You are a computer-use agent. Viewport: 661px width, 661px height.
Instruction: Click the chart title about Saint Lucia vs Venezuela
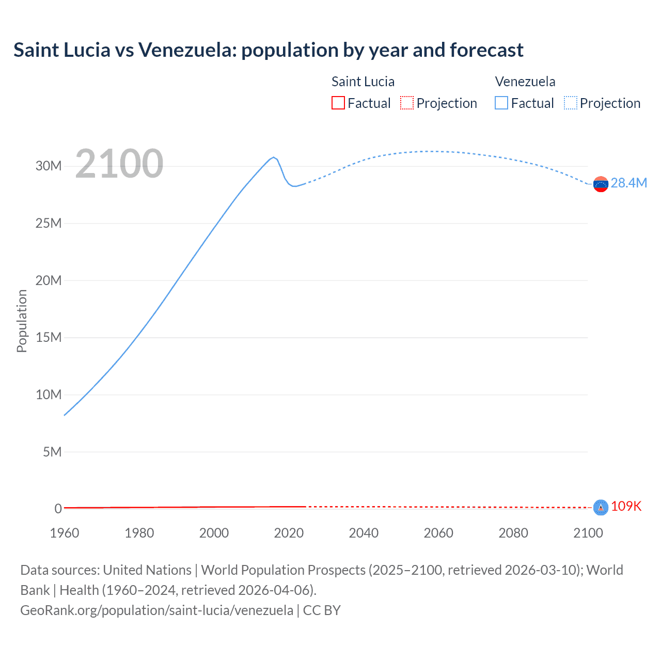(268, 50)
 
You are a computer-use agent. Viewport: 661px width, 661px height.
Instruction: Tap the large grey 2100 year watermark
(119, 164)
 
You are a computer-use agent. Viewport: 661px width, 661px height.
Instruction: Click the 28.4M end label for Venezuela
(628, 183)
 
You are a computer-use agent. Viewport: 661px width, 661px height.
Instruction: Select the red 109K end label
(626, 507)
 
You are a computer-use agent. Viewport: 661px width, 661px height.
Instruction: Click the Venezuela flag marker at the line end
(601, 184)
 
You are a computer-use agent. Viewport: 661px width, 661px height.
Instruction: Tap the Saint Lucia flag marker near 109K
(601, 508)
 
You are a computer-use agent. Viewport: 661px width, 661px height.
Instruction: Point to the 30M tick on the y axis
(49, 166)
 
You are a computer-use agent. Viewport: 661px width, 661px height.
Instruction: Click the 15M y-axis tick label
(49, 337)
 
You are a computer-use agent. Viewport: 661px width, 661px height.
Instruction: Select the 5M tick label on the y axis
(52, 452)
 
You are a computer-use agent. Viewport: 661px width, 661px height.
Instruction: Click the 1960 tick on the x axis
(65, 533)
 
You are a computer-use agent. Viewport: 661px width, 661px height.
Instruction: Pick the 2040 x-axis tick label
(364, 533)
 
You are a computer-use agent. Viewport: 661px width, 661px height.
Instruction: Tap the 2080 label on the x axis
(513, 533)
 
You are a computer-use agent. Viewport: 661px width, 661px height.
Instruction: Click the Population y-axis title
(22, 321)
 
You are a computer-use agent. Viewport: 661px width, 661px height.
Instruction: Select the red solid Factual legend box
(338, 103)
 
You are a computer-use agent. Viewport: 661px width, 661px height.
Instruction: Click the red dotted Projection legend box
(407, 103)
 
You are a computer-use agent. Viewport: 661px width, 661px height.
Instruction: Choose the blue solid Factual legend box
(501, 103)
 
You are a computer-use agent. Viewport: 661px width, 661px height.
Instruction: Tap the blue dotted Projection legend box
(571, 103)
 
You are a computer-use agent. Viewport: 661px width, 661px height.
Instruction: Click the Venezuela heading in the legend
(525, 82)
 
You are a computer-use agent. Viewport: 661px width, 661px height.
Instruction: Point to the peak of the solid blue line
(274, 157)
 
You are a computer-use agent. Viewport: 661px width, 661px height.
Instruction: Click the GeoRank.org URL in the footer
(156, 610)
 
